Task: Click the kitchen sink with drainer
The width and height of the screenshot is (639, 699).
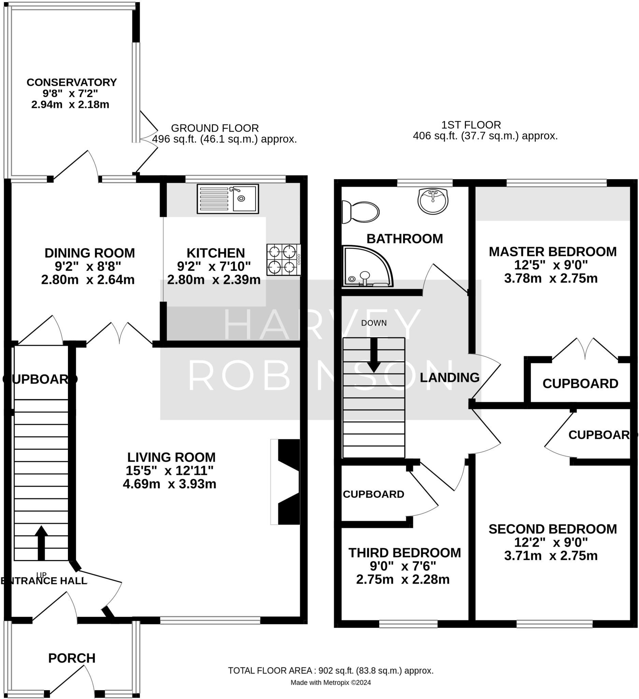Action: [228, 199]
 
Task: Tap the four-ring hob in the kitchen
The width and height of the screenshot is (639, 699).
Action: [283, 260]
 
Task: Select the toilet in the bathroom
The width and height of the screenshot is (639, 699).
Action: [360, 212]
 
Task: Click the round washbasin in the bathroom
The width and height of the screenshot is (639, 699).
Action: [433, 201]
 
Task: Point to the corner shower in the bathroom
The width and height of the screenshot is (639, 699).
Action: [367, 267]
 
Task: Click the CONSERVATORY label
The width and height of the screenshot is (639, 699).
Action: [72, 82]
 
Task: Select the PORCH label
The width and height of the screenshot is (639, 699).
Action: [72, 658]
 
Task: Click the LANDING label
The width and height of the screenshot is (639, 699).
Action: [449, 377]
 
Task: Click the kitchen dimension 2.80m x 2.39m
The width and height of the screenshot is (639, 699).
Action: [214, 280]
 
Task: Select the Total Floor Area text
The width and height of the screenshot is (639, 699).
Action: [330, 671]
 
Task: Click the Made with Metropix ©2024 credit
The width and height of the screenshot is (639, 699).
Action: [330, 683]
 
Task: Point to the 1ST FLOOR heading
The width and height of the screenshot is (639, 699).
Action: [471, 125]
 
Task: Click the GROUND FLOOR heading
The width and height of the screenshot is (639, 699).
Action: [215, 128]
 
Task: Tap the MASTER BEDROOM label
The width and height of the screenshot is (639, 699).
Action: [552, 252]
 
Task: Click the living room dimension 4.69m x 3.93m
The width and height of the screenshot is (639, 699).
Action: [169, 484]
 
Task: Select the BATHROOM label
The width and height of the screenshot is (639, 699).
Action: [404, 239]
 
